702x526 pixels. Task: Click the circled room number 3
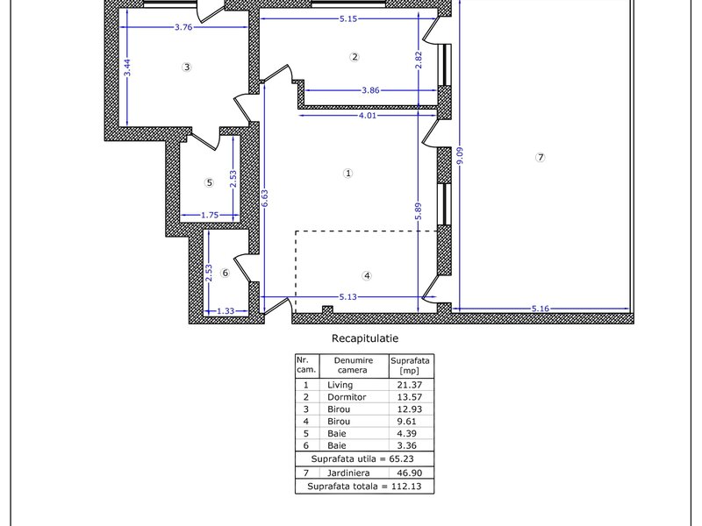187,68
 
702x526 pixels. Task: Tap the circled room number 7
541,158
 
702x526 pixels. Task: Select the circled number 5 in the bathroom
209,182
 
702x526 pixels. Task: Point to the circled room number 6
226,273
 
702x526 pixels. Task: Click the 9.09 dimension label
460,155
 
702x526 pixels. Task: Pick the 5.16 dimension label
541,309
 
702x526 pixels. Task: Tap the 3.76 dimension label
183,27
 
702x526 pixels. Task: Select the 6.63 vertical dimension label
265,199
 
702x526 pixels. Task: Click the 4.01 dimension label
368,116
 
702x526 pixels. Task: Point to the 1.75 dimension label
210,215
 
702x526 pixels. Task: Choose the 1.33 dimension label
226,311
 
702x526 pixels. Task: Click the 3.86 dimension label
370,90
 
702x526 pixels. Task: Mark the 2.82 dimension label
419,60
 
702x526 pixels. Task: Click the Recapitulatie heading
365,338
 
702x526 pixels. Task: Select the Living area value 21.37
410,385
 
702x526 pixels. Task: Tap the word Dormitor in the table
347,397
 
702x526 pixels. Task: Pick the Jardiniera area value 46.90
410,473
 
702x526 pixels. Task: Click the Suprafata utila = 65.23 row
362,458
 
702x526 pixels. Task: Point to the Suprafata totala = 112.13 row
364,487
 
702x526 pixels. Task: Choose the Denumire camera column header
354,365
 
